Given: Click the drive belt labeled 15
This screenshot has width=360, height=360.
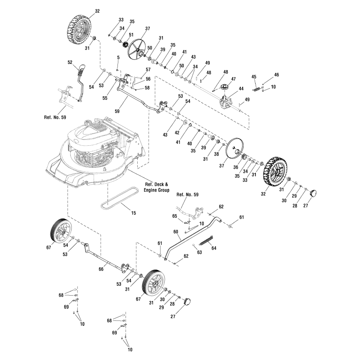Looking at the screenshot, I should [118, 199].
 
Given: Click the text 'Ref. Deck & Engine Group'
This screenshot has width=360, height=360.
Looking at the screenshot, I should [157, 187].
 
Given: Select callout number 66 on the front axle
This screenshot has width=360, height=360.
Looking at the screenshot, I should [101, 269].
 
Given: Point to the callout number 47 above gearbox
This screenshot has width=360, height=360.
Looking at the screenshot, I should [234, 79].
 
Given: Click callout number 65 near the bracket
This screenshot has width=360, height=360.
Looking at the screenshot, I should [175, 217].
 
